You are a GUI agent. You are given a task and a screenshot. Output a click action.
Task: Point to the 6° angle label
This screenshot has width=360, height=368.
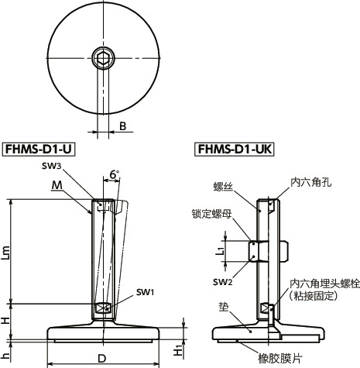click(114, 176)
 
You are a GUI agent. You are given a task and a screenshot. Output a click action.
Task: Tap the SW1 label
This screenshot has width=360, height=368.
click(145, 292)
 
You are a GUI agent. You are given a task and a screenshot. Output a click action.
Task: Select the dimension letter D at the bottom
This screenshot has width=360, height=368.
click(102, 357)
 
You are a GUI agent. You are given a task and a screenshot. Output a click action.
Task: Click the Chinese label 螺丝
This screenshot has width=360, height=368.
click(221, 186)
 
